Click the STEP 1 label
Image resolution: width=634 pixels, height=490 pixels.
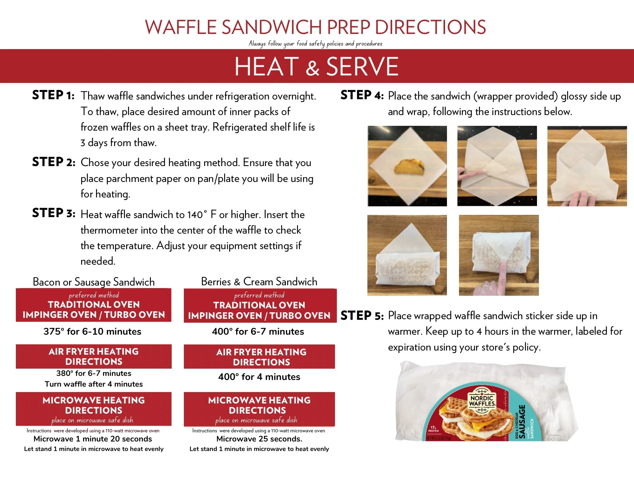(x=53, y=95)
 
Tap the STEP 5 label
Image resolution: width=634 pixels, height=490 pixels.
(x=362, y=316)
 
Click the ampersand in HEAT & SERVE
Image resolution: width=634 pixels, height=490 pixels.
(x=313, y=68)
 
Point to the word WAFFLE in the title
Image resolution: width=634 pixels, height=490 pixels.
(x=181, y=27)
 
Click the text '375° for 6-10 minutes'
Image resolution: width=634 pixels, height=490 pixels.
(x=92, y=332)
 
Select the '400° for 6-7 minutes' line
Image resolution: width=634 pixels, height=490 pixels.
(x=258, y=332)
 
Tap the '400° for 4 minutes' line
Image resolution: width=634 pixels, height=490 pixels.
(x=259, y=377)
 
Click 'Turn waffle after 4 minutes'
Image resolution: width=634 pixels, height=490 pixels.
(x=94, y=384)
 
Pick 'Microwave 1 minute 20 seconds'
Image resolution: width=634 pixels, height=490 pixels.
(x=93, y=439)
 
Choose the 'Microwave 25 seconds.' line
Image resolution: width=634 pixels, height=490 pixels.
(x=259, y=439)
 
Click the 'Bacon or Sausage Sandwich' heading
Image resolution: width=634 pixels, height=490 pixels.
(x=94, y=282)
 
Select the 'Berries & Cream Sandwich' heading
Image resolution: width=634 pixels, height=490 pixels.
(x=259, y=281)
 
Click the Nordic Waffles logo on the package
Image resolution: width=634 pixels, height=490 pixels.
(x=482, y=401)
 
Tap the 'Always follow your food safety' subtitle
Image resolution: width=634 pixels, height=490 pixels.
(x=315, y=43)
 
